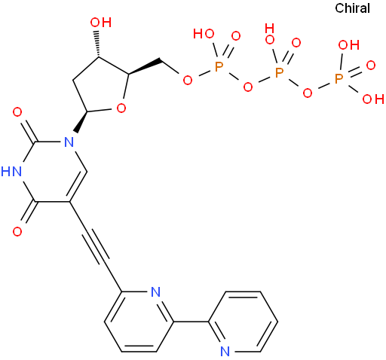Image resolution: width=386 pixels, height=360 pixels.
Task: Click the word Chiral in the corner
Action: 352,8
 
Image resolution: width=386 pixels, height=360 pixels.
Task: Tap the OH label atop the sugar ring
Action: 101,23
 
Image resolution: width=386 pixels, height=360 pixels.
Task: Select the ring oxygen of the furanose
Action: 121,108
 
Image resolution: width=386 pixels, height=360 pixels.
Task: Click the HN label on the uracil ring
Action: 11,172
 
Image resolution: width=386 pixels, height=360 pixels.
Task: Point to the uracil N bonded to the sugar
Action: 69,142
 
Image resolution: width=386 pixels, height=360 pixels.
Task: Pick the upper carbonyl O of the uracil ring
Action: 17,112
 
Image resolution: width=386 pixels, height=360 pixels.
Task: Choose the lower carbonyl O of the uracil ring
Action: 17,231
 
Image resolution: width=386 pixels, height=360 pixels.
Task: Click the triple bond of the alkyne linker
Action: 96,247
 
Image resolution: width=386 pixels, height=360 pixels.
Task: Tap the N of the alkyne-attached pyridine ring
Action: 156,291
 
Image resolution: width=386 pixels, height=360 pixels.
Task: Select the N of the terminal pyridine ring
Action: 225,352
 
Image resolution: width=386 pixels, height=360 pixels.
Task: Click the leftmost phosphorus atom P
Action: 219,67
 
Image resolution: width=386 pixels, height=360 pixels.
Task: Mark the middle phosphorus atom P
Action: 279,73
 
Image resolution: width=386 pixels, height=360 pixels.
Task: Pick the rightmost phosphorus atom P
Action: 339,79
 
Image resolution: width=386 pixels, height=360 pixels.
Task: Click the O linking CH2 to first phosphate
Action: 188,81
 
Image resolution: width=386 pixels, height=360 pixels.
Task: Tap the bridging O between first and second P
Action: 248,87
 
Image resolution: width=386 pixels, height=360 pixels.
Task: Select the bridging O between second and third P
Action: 308,93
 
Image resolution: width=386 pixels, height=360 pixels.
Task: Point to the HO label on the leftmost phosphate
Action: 204,34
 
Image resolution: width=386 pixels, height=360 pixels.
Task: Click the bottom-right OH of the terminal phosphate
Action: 373,99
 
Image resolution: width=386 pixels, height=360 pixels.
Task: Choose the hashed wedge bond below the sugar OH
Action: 97,44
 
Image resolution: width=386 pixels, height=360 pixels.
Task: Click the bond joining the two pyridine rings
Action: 191,322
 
